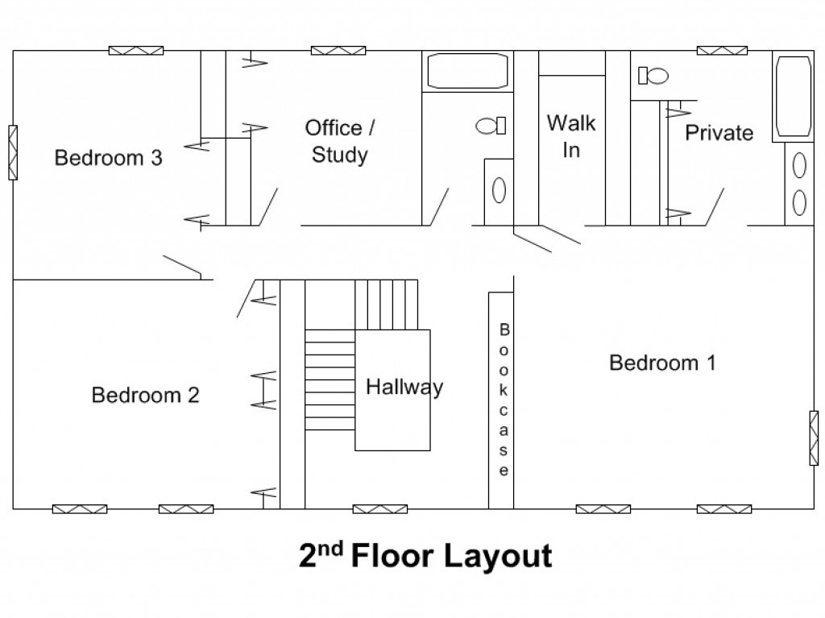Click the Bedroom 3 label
[x=109, y=158]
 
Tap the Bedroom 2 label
[x=146, y=395]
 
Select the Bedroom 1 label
[x=662, y=363]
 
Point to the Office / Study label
[x=340, y=141]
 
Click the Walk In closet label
[x=571, y=136]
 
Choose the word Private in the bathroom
[x=719, y=133]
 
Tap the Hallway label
[x=404, y=388]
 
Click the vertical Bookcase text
[x=504, y=400]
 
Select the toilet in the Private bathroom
[x=653, y=76]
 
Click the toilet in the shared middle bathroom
[x=491, y=126]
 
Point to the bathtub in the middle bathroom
[x=468, y=71]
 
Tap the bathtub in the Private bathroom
[x=794, y=97]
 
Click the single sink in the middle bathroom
[x=499, y=190]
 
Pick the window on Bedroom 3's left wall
[x=13, y=152]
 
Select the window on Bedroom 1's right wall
[x=814, y=438]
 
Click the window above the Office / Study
[x=338, y=51]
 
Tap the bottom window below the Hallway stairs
[x=380, y=509]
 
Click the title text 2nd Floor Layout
[x=425, y=555]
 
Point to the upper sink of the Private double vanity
[x=799, y=165]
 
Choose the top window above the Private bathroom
[x=723, y=51]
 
